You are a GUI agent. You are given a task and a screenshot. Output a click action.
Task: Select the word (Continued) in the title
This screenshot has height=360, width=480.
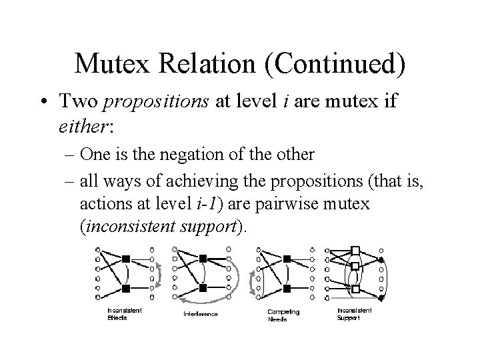click(x=338, y=63)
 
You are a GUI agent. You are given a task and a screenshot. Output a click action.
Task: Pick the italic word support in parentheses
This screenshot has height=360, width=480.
click(x=209, y=225)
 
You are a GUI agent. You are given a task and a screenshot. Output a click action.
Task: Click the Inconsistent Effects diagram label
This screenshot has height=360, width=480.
click(x=125, y=313)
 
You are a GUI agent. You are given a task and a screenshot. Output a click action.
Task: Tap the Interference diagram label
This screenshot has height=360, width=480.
click(x=200, y=313)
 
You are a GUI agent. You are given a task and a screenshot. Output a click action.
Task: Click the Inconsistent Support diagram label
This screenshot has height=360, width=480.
click(x=355, y=313)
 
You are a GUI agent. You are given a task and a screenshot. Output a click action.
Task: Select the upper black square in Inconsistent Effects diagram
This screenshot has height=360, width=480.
click(x=125, y=257)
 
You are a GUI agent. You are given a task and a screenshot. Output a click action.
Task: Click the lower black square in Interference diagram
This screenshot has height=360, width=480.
click(x=203, y=287)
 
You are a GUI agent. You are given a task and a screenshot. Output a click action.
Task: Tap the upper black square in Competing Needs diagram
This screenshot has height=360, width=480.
click(x=287, y=257)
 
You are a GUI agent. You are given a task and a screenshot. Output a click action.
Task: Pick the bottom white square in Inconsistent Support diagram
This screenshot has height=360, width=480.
click(x=355, y=289)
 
